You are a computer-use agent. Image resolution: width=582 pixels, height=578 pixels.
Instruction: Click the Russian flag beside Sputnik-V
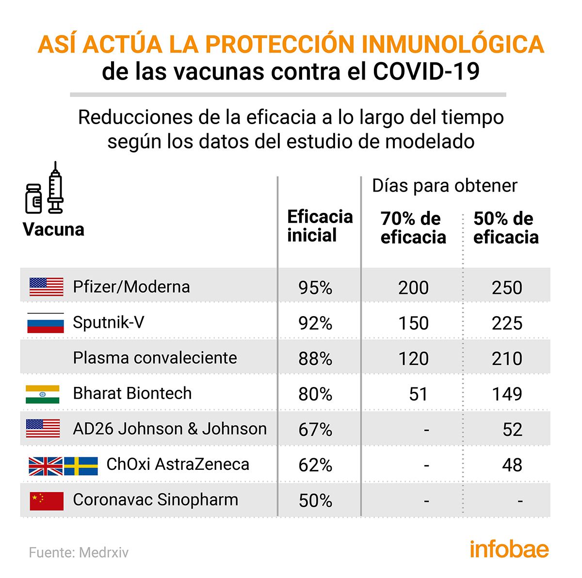click(46, 323)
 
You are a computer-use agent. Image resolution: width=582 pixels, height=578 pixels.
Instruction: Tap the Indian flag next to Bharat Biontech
click(43, 394)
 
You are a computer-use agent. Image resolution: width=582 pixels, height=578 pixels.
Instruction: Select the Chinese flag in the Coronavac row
click(47, 500)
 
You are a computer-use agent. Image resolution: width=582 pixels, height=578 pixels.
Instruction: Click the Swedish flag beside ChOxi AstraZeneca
click(81, 466)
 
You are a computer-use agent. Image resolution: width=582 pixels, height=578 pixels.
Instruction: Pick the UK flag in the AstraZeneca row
click(46, 466)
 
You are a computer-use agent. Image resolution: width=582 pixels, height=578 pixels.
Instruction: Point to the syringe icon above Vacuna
click(56, 188)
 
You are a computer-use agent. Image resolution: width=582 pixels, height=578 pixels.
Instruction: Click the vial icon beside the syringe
click(33, 199)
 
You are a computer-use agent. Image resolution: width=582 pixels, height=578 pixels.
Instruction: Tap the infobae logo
click(509, 549)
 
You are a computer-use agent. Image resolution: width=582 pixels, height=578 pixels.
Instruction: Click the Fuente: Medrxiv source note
click(79, 552)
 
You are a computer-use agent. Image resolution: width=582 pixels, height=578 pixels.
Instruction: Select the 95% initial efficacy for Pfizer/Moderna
click(315, 288)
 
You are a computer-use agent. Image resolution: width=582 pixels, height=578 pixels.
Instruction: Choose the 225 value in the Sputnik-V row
click(507, 323)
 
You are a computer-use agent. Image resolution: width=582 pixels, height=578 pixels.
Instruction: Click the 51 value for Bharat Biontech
click(418, 394)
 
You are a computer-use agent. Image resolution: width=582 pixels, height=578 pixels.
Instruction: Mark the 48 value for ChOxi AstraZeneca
click(512, 466)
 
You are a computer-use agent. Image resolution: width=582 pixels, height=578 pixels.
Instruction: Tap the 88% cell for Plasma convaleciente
click(315, 359)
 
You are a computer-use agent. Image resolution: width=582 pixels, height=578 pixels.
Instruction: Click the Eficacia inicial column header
click(320, 226)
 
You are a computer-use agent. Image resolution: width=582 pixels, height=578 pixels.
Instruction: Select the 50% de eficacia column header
click(506, 228)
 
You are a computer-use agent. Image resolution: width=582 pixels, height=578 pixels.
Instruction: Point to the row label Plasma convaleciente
click(155, 358)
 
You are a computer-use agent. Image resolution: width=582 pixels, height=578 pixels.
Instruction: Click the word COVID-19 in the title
click(426, 72)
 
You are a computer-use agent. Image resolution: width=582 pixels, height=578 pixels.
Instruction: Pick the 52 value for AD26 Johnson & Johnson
click(512, 430)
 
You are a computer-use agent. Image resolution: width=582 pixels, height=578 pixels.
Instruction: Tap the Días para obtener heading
click(445, 186)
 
